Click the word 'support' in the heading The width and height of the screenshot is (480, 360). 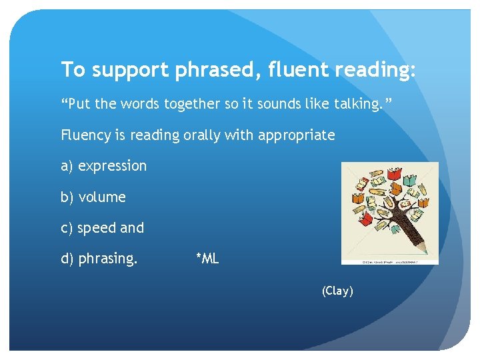click(x=133, y=70)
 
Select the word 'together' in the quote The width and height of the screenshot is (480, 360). click(x=183, y=104)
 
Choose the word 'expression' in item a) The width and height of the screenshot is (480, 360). click(x=112, y=167)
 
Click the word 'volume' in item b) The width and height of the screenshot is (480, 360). click(x=102, y=197)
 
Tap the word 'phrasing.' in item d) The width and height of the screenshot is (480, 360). click(x=108, y=259)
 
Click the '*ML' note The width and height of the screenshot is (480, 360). click(x=207, y=259)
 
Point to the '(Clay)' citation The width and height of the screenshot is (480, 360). click(x=337, y=291)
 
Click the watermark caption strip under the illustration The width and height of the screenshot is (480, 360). click(x=390, y=262)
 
